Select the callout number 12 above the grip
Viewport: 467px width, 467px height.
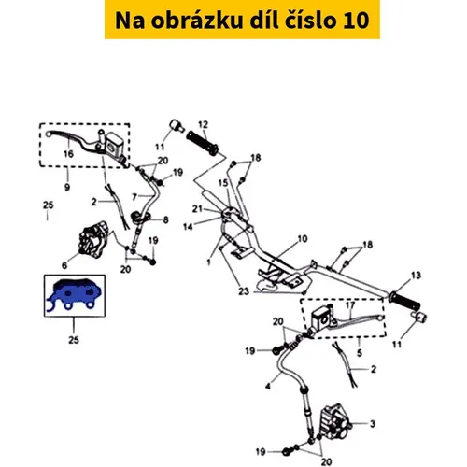pos(203,124)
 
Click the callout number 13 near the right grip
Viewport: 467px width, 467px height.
pos(416,276)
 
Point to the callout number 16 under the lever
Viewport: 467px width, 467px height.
pos(68,154)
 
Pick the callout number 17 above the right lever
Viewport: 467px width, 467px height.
pos(350,305)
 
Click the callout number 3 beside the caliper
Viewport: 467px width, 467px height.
pos(373,424)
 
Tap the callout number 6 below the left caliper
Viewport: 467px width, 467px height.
pos(64,265)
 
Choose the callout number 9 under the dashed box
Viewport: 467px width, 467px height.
pos(67,187)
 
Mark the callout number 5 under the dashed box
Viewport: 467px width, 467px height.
pos(360,353)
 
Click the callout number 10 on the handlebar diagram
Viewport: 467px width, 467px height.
pos(303,239)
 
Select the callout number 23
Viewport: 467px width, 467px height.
pos(244,291)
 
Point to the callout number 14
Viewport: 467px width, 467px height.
pos(188,227)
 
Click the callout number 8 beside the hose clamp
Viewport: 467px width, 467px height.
pos(165,219)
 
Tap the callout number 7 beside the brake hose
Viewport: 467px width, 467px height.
pos(134,197)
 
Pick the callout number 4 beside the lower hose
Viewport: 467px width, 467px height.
pos(268,387)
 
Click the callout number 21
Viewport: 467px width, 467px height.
pos(197,209)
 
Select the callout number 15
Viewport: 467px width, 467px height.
pos(223,183)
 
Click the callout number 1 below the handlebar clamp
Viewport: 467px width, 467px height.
pos(208,262)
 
